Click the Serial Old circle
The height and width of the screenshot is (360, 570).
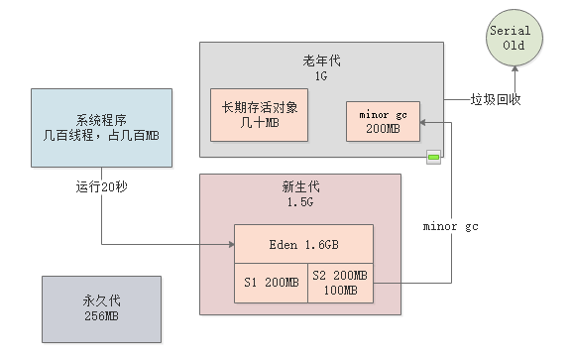[x=511, y=37]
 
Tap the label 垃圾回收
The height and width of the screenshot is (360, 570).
[x=496, y=100]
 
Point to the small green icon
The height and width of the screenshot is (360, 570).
[x=433, y=157]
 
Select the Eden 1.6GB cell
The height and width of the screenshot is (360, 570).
[x=302, y=244]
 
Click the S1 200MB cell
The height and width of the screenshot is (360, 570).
[x=271, y=282]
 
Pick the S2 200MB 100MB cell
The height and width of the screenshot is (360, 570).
[x=339, y=282]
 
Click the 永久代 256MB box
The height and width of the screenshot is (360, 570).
[x=100, y=309]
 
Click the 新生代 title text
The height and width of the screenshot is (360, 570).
[x=300, y=188]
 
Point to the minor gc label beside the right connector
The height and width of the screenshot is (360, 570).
[x=451, y=226]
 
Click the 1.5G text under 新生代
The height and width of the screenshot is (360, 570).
[x=300, y=203]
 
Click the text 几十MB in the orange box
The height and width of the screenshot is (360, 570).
[x=259, y=126]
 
